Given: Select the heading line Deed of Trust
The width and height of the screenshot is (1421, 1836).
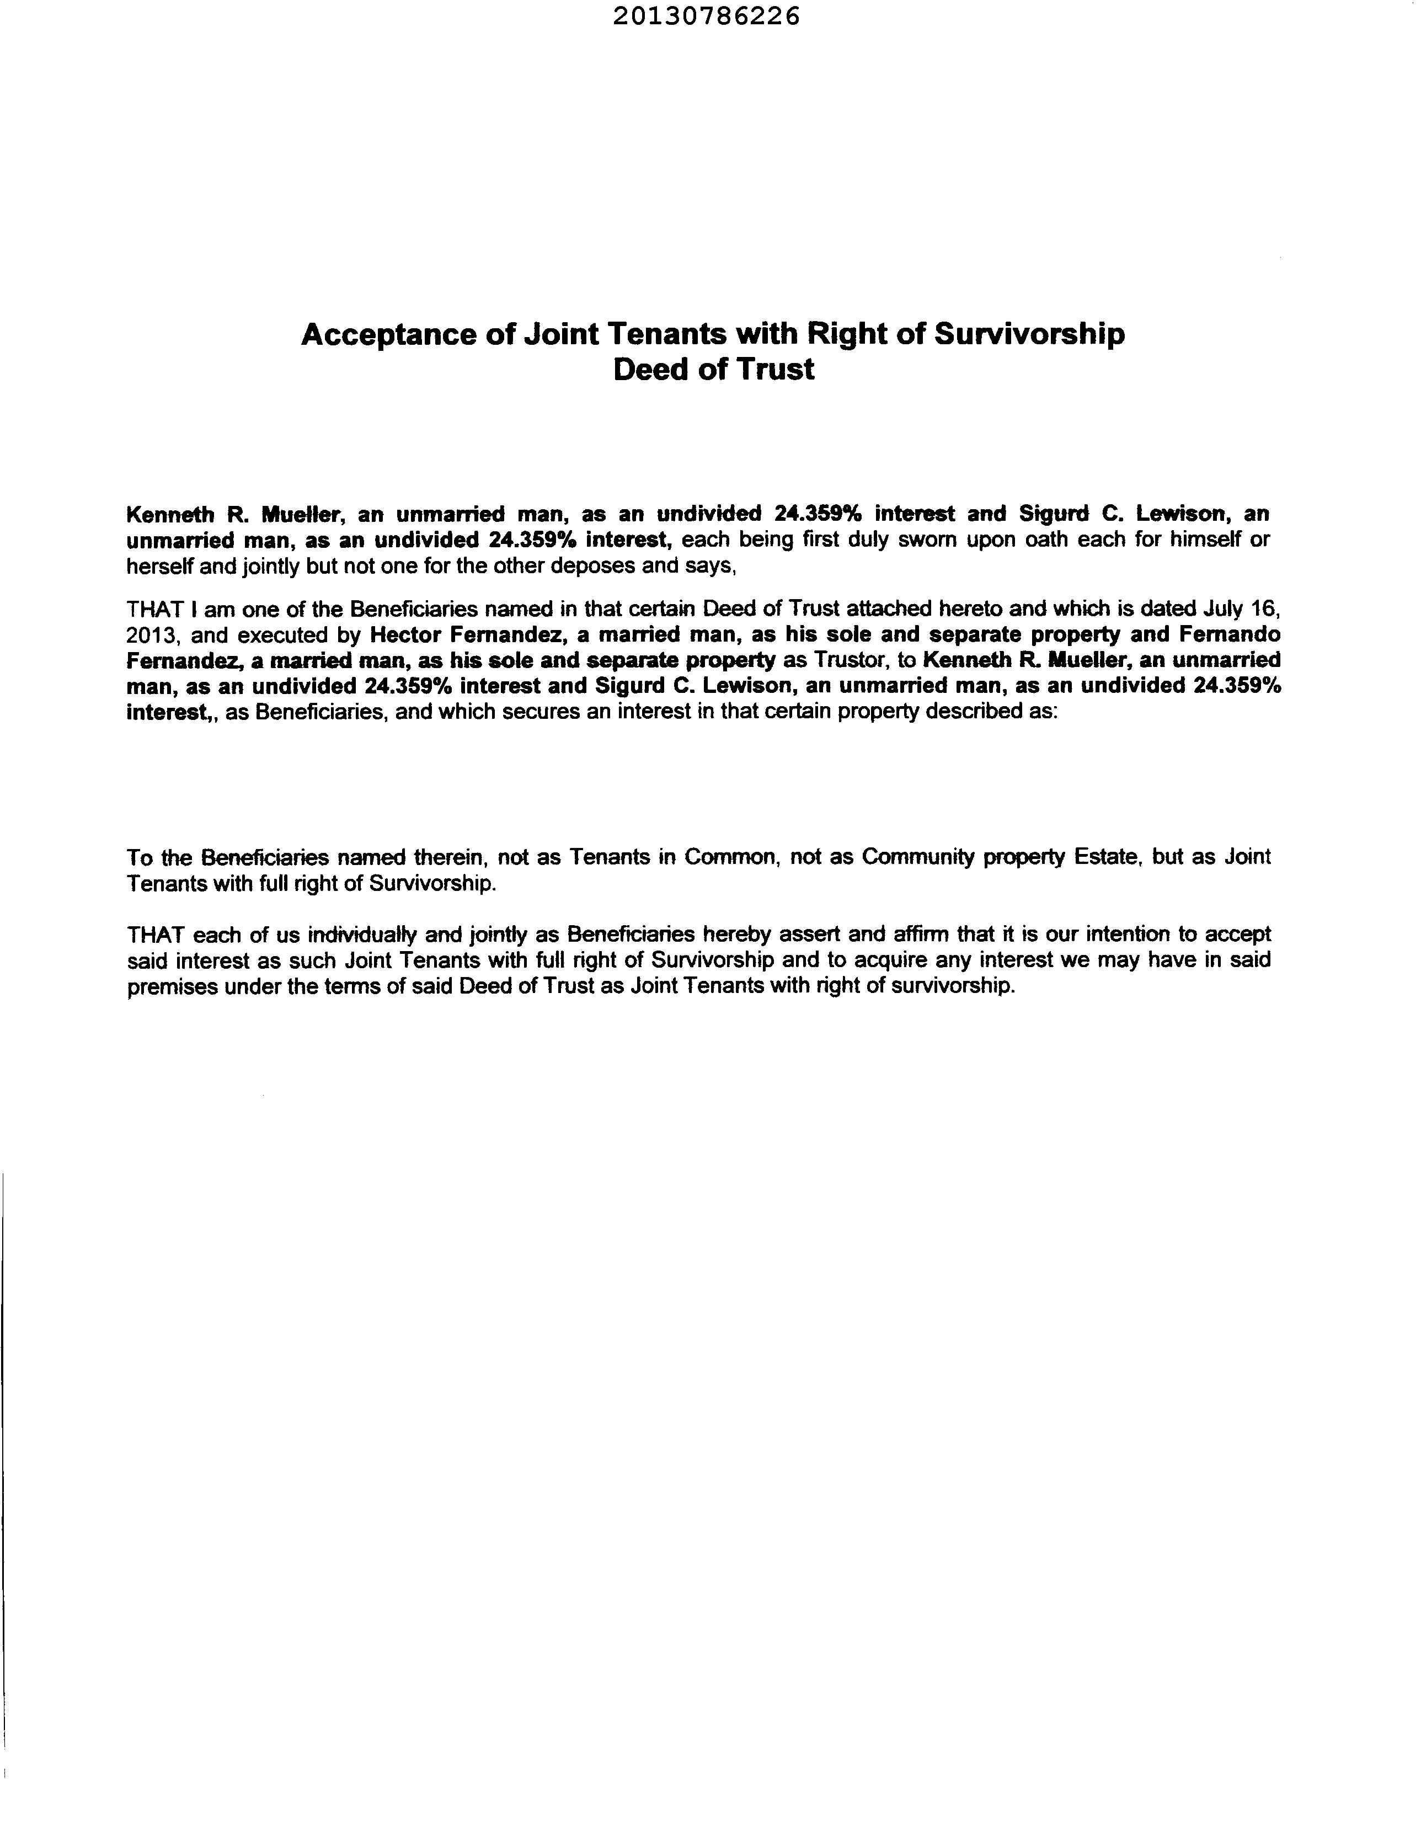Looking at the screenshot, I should (x=713, y=370).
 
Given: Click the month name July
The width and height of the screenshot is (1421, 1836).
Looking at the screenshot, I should (x=1224, y=608).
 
